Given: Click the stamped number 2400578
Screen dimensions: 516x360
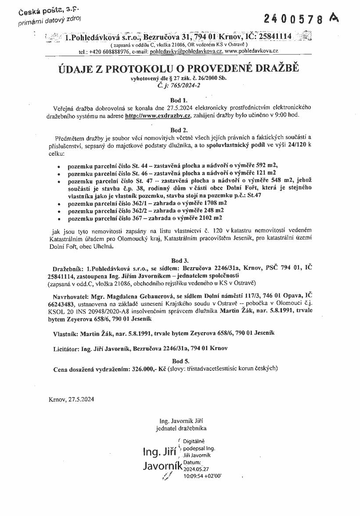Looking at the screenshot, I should click(294, 19).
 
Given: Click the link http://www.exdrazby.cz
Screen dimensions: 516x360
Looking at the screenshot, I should click(158, 115).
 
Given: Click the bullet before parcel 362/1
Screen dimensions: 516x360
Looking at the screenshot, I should click(59, 204).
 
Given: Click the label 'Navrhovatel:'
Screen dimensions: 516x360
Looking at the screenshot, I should click(71, 296).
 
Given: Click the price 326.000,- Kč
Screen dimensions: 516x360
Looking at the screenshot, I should click(148, 369).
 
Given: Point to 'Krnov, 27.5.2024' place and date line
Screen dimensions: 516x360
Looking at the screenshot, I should click(71, 399).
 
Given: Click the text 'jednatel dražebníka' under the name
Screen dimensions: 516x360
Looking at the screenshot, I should click(181, 427).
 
